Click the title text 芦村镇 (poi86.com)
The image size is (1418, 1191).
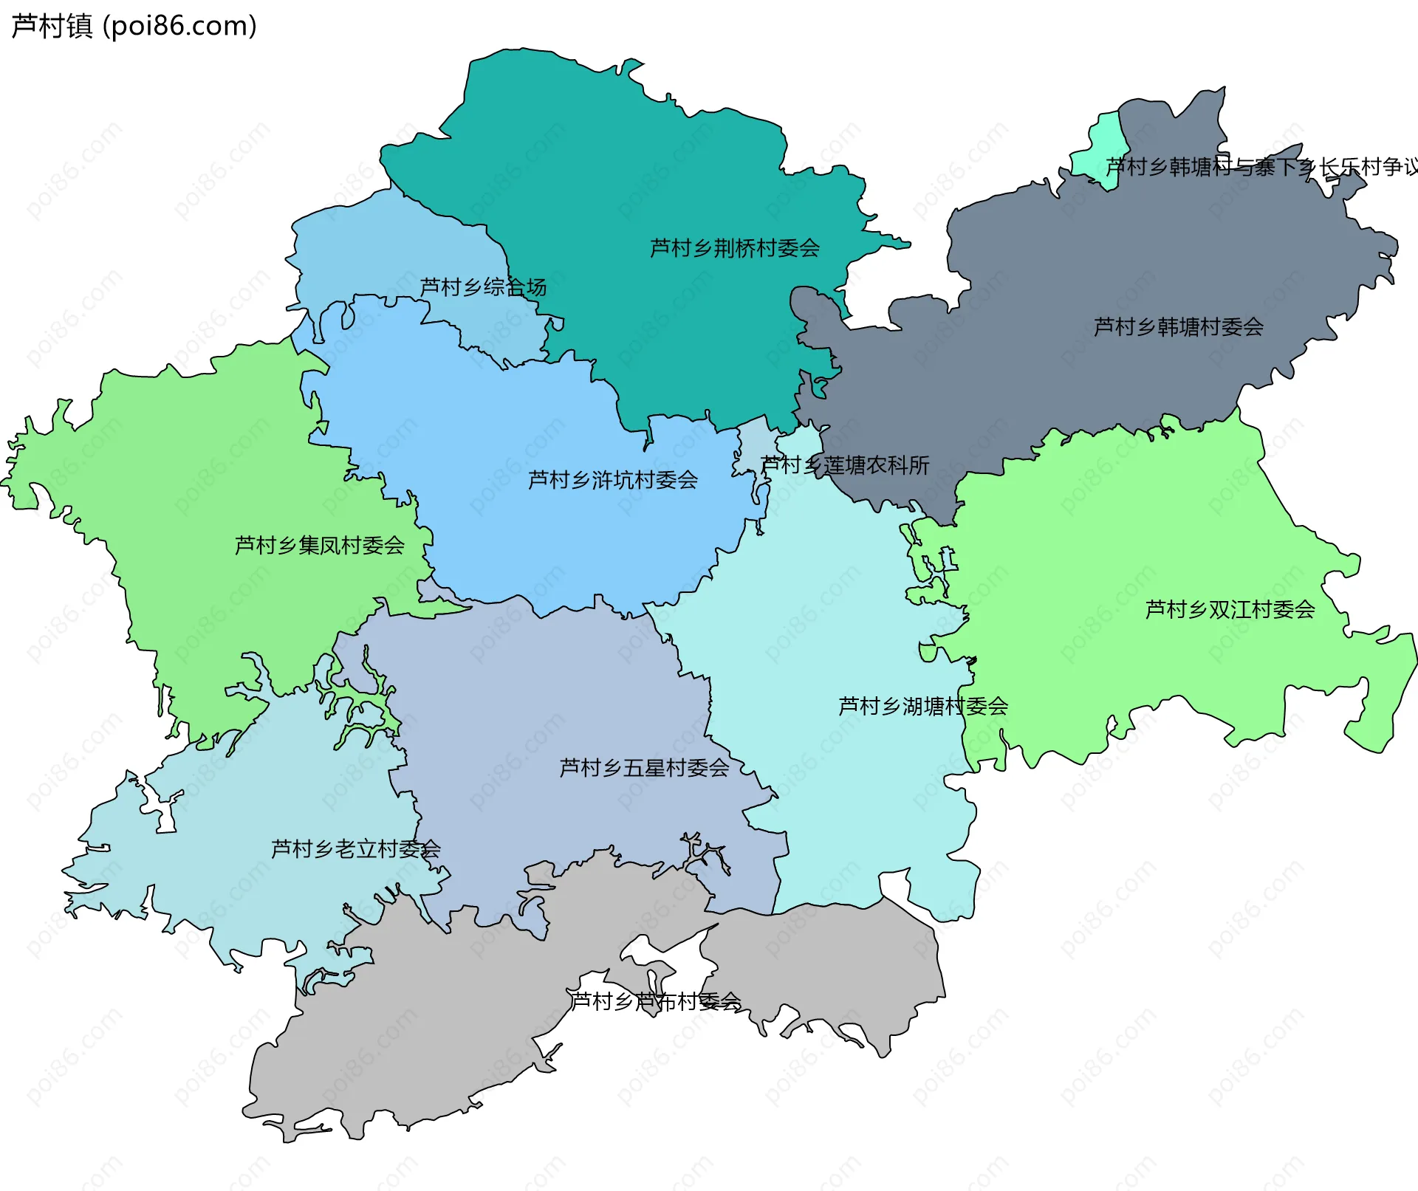pyautogui.click(x=134, y=26)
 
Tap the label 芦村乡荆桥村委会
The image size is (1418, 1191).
pyautogui.click(x=734, y=248)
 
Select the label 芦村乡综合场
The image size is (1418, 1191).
pyautogui.click(x=483, y=286)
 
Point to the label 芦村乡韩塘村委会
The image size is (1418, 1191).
pyautogui.click(x=1178, y=326)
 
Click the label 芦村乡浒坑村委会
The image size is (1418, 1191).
pyautogui.click(x=612, y=480)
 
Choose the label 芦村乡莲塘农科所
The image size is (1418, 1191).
pyautogui.click(x=845, y=465)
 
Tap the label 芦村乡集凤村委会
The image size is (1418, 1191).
pyautogui.click(x=319, y=545)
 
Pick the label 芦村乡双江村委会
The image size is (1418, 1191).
pyautogui.click(x=1230, y=609)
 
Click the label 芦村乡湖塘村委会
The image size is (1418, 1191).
pyautogui.click(x=922, y=706)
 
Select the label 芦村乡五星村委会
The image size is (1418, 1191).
pyautogui.click(x=643, y=768)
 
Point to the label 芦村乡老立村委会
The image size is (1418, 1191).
pyautogui.click(x=355, y=848)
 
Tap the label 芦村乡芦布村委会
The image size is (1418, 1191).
pyautogui.click(x=655, y=1001)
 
